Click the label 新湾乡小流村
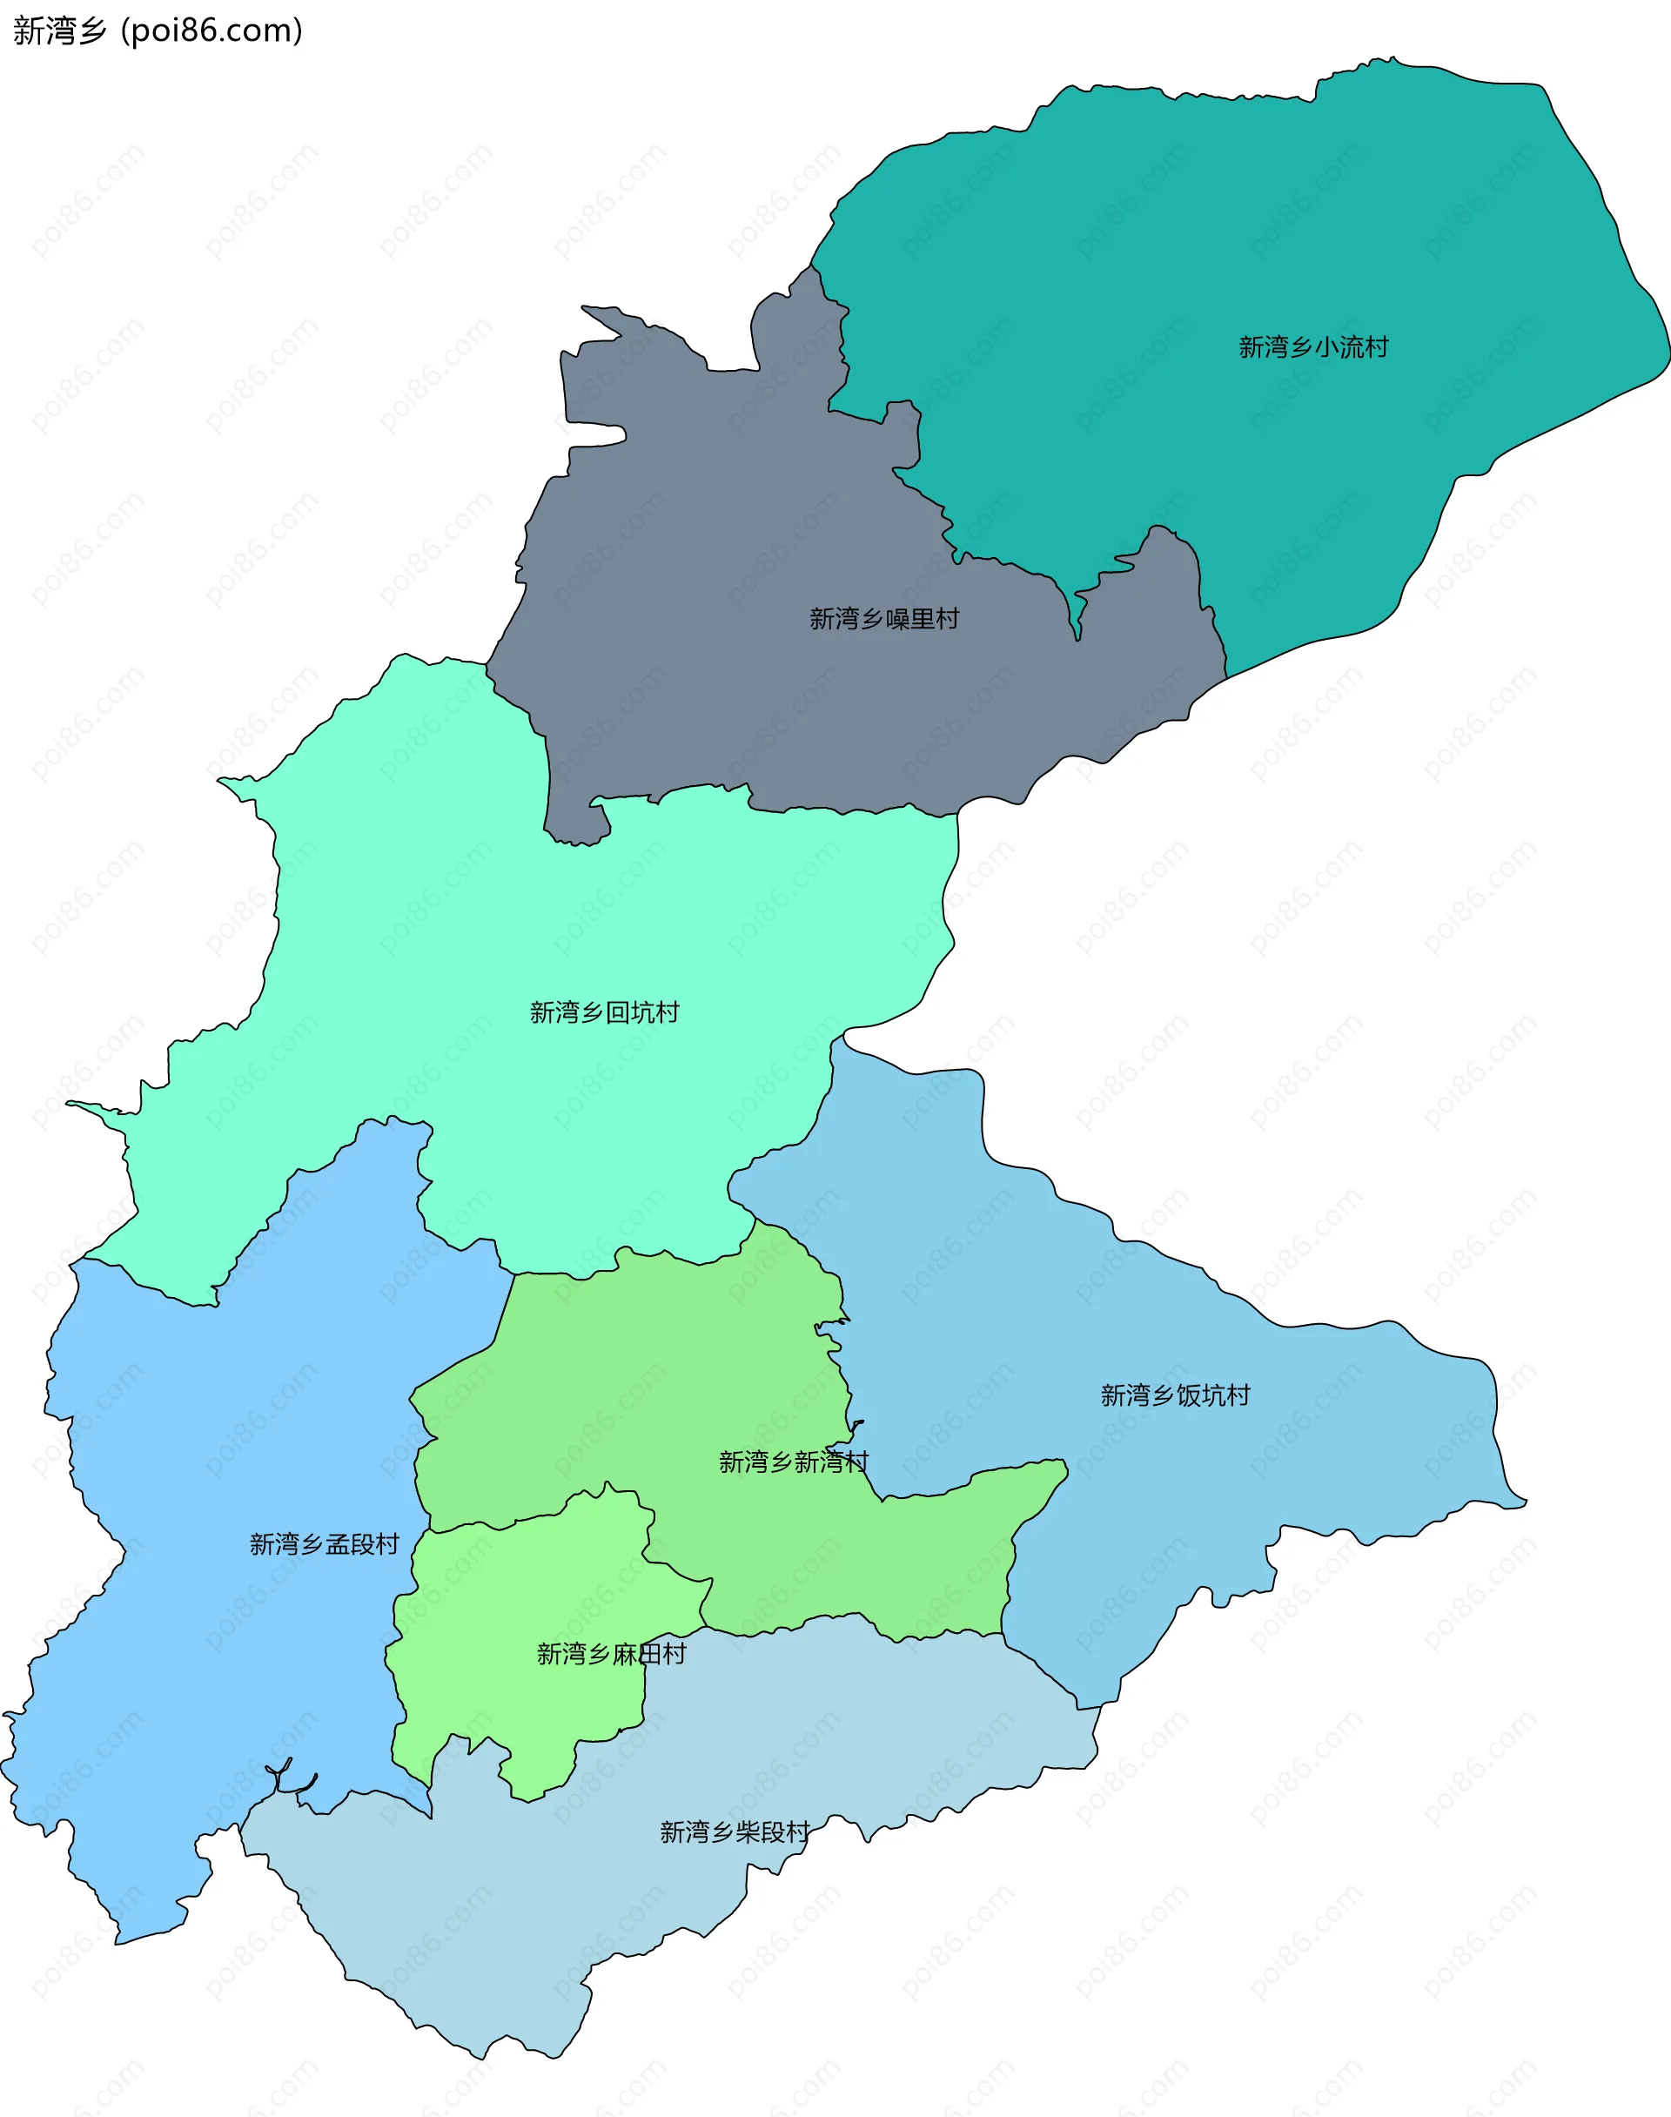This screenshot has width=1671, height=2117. click(1313, 347)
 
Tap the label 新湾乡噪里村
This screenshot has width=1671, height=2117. click(883, 618)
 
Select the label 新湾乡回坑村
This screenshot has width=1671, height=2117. click(604, 1011)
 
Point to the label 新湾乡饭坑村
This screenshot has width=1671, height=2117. click(1175, 1395)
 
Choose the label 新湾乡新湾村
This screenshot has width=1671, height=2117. click(794, 1462)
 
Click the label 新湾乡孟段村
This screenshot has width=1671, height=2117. click(324, 1543)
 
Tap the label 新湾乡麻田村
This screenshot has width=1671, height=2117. click(612, 1653)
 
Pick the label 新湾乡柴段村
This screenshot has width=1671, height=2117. click(735, 1831)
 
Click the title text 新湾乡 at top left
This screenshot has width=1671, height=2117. click(58, 31)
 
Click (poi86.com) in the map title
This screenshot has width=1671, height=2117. click(211, 31)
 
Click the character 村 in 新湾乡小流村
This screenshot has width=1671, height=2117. click(1377, 347)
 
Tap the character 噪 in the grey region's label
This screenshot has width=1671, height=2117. click(897, 618)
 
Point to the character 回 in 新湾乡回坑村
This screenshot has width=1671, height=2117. click(617, 1011)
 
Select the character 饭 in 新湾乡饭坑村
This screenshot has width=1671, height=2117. click(1189, 1395)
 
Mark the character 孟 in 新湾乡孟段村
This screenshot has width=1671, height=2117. click(338, 1543)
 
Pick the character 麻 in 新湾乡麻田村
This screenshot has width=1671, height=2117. click(625, 1653)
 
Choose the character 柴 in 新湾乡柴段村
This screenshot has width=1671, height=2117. click(748, 1831)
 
